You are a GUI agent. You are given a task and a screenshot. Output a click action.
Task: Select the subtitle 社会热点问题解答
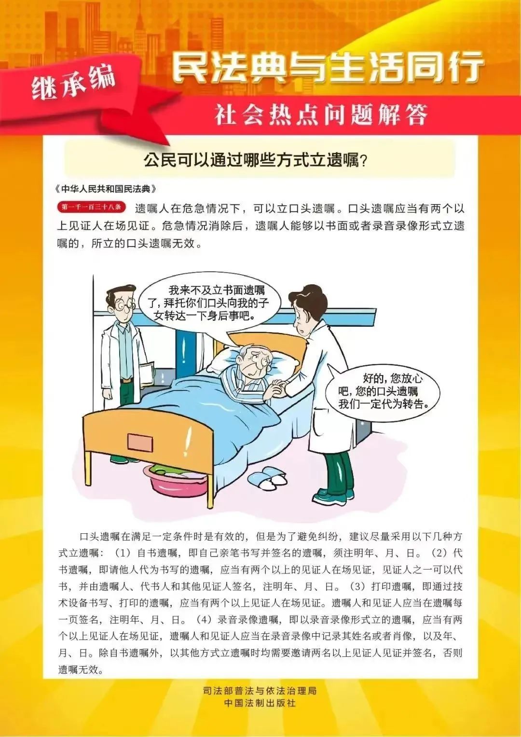321,115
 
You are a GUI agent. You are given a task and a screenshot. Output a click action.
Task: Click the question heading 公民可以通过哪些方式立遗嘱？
256,160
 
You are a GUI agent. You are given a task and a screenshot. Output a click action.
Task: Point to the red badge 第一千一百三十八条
91,208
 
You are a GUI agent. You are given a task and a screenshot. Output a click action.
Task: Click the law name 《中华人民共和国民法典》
106,188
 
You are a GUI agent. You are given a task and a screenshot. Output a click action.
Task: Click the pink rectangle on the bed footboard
140,441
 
